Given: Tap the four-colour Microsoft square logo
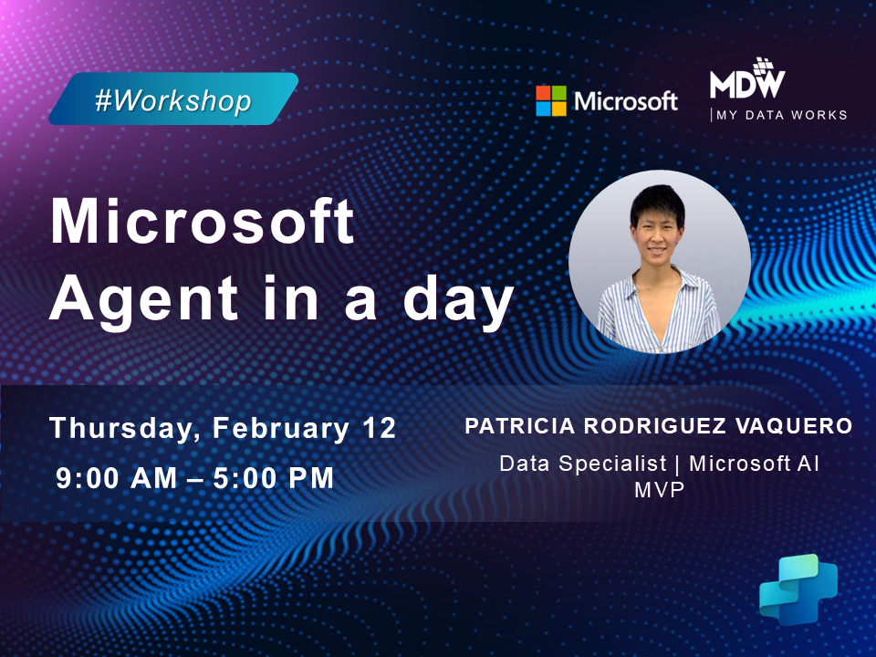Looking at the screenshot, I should [x=550, y=100].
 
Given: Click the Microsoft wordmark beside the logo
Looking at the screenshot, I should [x=625, y=101].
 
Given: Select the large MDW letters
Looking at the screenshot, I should [x=746, y=83].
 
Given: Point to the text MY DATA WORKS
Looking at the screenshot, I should [x=783, y=115].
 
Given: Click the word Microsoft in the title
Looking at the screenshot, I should [x=202, y=222].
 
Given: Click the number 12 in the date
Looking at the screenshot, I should [x=378, y=428].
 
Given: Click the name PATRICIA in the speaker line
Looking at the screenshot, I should [x=515, y=426].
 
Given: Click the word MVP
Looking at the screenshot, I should [x=659, y=489].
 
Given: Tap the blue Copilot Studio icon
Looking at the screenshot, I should [x=798, y=589].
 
